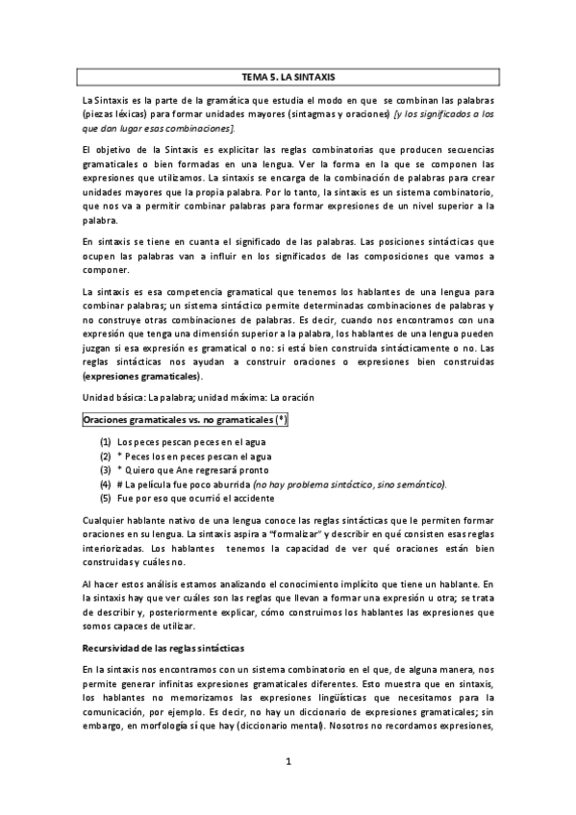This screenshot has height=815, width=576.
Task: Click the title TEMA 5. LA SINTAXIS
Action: (288, 75)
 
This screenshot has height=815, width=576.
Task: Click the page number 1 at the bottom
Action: (288, 762)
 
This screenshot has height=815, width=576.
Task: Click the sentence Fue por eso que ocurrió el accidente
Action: (194, 499)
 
